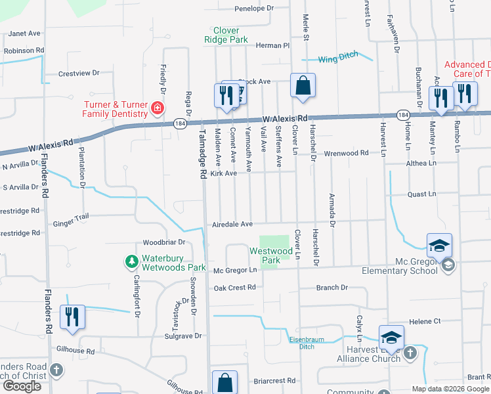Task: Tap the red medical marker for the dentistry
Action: pos(158,108)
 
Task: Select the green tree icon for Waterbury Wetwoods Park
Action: pos(131,262)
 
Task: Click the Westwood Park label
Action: pos(270,255)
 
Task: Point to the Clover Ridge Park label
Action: pos(230,35)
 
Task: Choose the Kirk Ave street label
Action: pos(223,173)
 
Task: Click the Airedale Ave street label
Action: pos(232,225)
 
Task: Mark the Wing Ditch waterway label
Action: pos(338,58)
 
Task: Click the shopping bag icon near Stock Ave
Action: pos(303,85)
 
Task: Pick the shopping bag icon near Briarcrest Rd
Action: pos(224,382)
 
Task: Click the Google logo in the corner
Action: pos(22,386)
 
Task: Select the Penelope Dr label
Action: pos(253,9)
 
